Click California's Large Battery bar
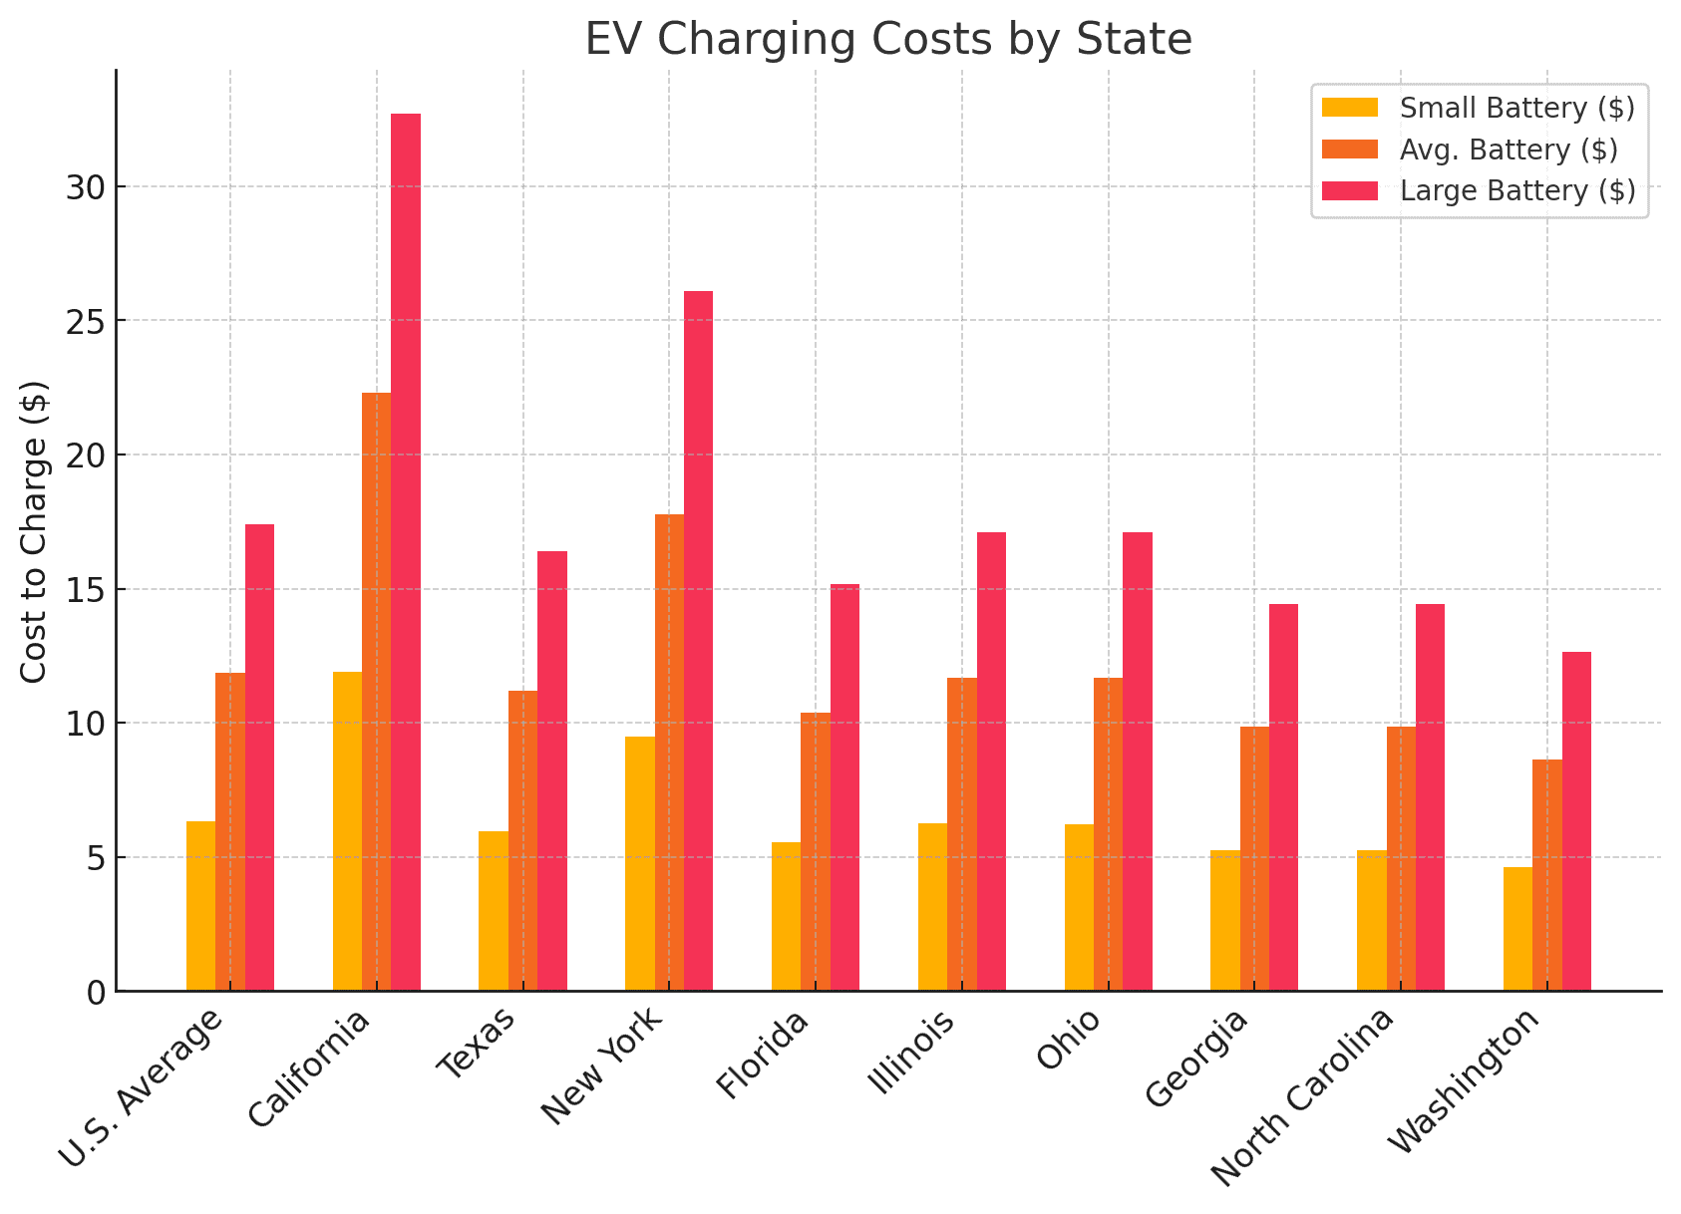[406, 552]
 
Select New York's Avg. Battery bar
[669, 753]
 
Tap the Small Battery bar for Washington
[1517, 929]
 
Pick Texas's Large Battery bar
[552, 770]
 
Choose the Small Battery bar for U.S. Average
[200, 906]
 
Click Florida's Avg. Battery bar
[816, 851]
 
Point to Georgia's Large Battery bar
[1283, 797]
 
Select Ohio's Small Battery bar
[1079, 907]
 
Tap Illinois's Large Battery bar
[991, 761]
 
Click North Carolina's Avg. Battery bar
[1401, 858]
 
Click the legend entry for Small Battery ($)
[1516, 108]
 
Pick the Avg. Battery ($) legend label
[1508, 150]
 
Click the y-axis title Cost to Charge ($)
[35, 531]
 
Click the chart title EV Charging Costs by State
[887, 40]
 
